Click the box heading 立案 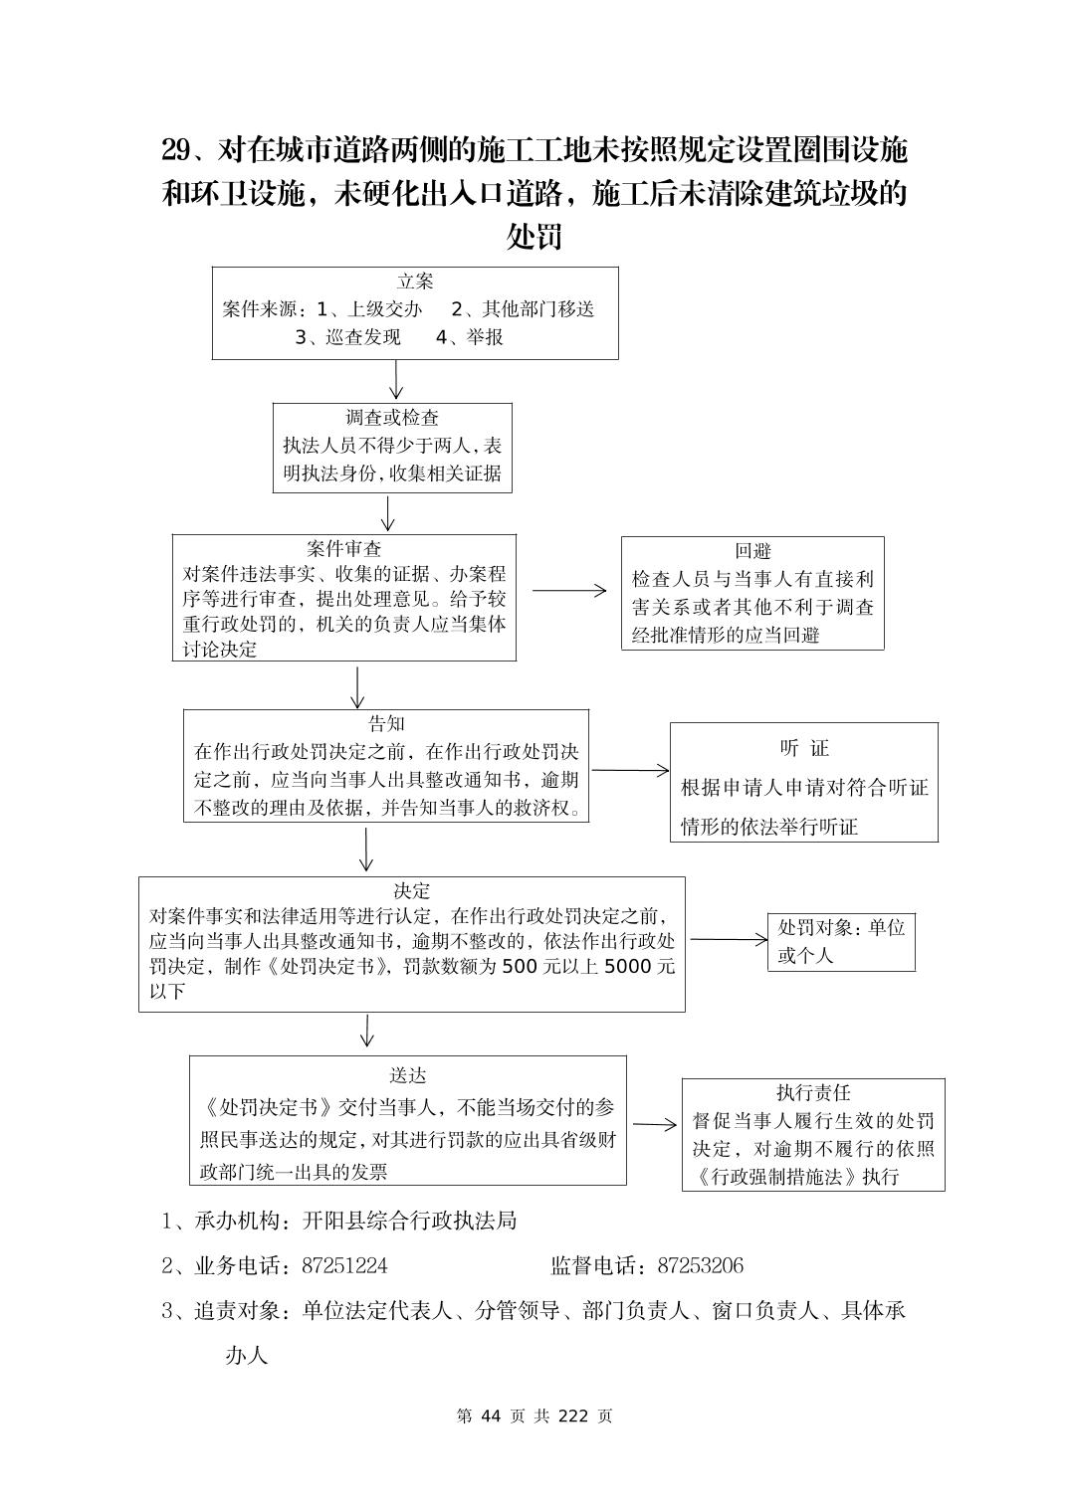[x=415, y=282]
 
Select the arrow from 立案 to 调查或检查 [x=397, y=380]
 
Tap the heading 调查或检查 [x=392, y=418]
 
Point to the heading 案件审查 [x=344, y=549]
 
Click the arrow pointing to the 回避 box [x=569, y=590]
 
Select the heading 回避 [x=753, y=551]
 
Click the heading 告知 [x=386, y=724]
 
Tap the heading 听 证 [x=804, y=748]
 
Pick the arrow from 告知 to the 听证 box [x=631, y=770]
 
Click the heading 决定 [x=412, y=891]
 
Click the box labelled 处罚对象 [x=841, y=941]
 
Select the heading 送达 [x=408, y=1076]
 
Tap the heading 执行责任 [x=813, y=1093]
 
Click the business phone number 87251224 [x=344, y=1266]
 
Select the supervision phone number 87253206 [x=701, y=1266]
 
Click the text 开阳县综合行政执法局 [x=409, y=1221]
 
